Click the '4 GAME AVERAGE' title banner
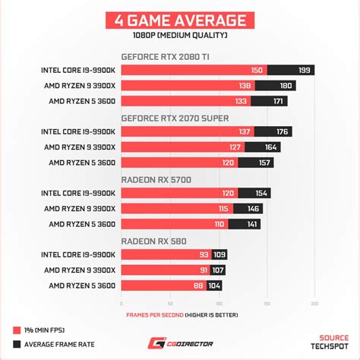click(x=180, y=21)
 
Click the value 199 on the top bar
click(x=305, y=71)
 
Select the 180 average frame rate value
click(x=286, y=86)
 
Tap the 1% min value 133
click(x=241, y=101)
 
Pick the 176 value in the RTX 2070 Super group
click(x=283, y=132)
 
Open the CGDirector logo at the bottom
click(x=180, y=343)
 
